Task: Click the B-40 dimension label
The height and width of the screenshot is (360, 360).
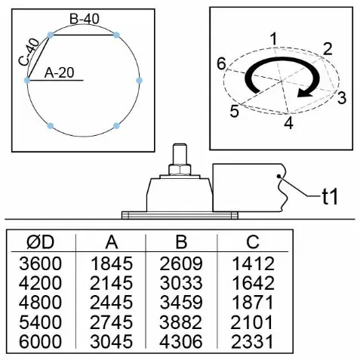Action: pyautogui.click(x=85, y=19)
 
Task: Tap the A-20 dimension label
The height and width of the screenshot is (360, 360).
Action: pyautogui.click(x=60, y=73)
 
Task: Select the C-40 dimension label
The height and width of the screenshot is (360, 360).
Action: pyautogui.click(x=29, y=52)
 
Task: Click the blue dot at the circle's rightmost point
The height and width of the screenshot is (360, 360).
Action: pyautogui.click(x=140, y=81)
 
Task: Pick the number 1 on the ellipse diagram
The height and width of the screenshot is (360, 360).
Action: pyautogui.click(x=273, y=39)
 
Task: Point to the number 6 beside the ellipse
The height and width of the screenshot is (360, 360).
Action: pyautogui.click(x=222, y=64)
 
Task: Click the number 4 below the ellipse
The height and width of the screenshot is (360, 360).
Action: pyautogui.click(x=289, y=123)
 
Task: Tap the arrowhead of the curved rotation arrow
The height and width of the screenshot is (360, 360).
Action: pyautogui.click(x=304, y=93)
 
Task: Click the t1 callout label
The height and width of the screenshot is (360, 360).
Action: pyautogui.click(x=330, y=196)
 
